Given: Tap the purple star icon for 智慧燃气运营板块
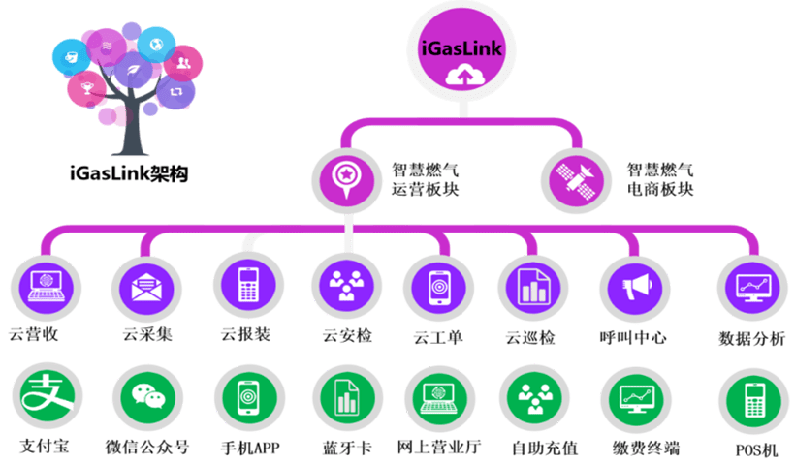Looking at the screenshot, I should (x=345, y=177).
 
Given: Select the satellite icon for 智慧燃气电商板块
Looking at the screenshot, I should (x=575, y=177).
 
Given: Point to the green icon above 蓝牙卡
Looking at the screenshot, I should (x=345, y=398).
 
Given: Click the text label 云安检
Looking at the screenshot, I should (x=346, y=336).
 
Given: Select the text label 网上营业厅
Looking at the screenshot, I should (x=439, y=448).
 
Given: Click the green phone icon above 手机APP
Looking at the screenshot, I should (x=245, y=398).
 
